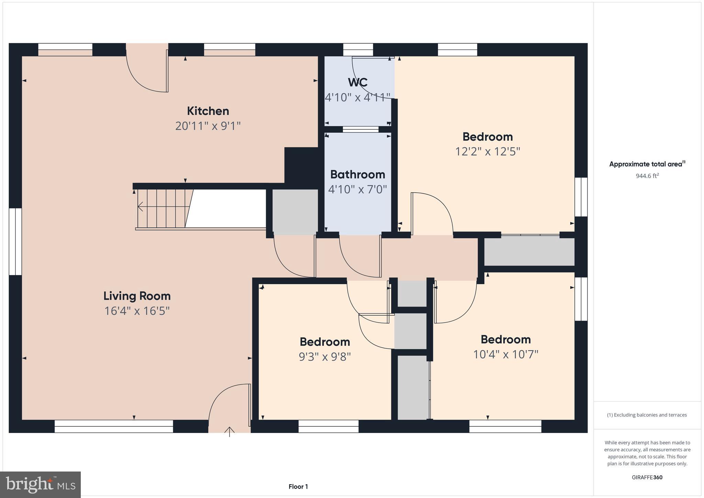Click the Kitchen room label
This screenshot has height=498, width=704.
208,111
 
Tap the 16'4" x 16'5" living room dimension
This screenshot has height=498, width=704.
137,311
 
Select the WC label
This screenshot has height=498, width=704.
357,83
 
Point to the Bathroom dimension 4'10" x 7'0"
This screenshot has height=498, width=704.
357,189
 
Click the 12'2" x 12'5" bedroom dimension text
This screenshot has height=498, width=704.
487,151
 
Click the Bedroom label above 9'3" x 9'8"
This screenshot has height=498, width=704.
324,342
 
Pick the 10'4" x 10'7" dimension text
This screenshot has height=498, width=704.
505,354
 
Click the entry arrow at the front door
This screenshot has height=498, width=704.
230,431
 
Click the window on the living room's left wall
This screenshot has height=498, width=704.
15,241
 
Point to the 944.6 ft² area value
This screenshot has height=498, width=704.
647,176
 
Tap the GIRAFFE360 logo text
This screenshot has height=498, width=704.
647,477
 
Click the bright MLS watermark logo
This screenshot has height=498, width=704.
41,485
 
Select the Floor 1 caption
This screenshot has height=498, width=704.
298,487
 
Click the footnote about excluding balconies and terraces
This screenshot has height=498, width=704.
647,415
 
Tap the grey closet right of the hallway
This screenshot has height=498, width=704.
529,252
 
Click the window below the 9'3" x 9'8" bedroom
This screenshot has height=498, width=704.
328,426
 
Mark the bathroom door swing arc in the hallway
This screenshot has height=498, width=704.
359,258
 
